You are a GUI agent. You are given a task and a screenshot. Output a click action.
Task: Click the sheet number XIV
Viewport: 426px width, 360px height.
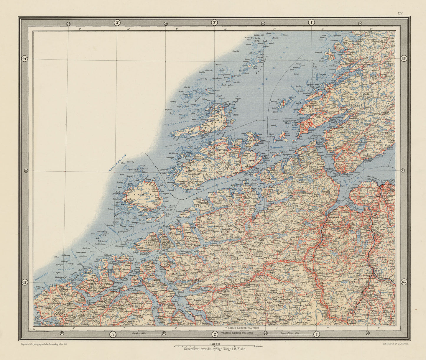tap(400, 14)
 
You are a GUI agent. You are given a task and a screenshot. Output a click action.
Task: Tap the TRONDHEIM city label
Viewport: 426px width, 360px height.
tap(371, 179)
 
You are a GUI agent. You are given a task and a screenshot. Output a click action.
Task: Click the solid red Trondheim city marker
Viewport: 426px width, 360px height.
tap(382, 185)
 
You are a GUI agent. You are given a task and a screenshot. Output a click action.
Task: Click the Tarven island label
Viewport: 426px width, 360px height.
tap(274, 101)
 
